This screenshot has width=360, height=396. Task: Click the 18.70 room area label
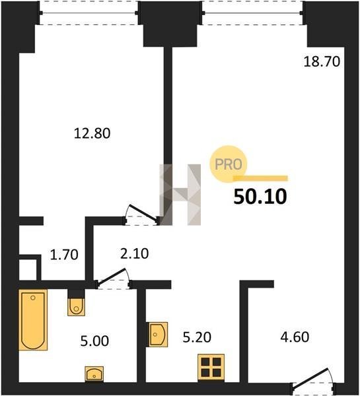(x=322, y=61)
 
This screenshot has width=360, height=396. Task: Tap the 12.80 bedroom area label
(x=92, y=133)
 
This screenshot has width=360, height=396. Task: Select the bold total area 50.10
(x=260, y=197)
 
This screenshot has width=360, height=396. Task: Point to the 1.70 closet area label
(x=64, y=255)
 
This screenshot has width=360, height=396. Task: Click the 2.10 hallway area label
(x=135, y=253)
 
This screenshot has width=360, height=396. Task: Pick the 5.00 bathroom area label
(x=95, y=341)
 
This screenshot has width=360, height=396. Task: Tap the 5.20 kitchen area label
(x=197, y=337)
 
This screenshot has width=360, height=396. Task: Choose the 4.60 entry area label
(x=295, y=337)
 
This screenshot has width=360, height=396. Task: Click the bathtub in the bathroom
(x=33, y=319)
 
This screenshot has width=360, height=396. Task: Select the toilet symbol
(x=76, y=306)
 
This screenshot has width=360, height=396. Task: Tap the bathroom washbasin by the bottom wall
(x=94, y=374)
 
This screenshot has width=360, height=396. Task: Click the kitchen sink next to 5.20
(x=158, y=335)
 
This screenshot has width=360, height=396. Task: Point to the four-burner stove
(x=211, y=367)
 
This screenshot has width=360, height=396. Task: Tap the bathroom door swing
(x=113, y=277)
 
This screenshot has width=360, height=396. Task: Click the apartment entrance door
(x=314, y=382)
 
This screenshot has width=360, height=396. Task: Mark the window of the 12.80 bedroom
(x=89, y=13)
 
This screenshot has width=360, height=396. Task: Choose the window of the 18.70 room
(x=252, y=13)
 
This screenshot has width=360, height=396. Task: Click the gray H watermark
(x=180, y=195)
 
